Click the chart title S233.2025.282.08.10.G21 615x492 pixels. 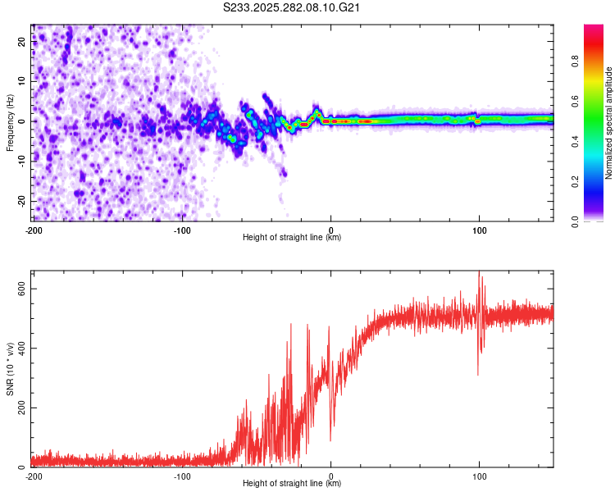click(x=293, y=8)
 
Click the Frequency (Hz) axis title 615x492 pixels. click(x=10, y=123)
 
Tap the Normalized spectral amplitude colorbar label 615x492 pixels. click(x=608, y=123)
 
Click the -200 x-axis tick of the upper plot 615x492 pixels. click(x=34, y=229)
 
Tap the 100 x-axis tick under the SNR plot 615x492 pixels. click(x=479, y=475)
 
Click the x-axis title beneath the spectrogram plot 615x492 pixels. click(x=292, y=238)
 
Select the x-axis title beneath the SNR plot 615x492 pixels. click(x=292, y=484)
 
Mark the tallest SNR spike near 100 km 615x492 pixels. click(x=480, y=274)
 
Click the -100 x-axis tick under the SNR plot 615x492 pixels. click(x=182, y=475)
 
